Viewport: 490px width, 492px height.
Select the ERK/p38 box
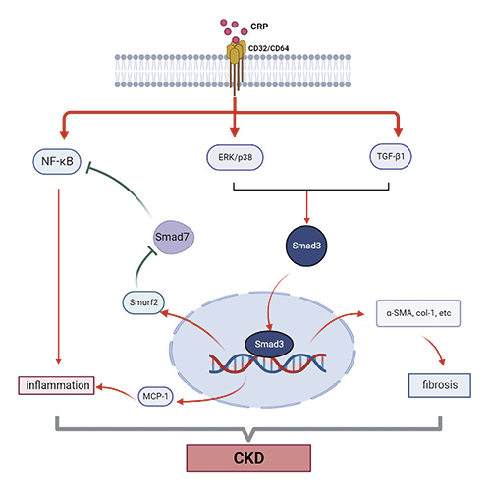pyautogui.click(x=236, y=156)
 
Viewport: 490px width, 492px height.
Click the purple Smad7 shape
pyautogui.click(x=172, y=237)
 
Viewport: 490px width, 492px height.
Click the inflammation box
pyautogui.click(x=57, y=385)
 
